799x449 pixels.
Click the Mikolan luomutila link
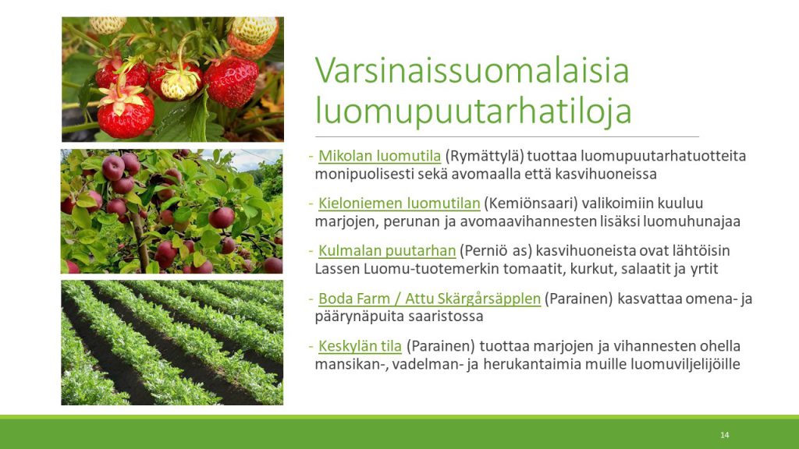(x=380, y=155)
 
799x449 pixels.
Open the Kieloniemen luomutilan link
(x=399, y=203)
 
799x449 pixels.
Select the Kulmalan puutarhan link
(x=387, y=250)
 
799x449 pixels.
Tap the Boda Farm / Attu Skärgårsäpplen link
(x=430, y=299)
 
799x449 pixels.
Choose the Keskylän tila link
(x=360, y=346)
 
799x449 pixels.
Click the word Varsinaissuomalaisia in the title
(x=472, y=70)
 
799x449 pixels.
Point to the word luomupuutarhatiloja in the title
(x=474, y=111)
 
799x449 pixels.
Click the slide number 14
(x=725, y=435)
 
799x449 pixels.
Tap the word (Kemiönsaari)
(x=531, y=203)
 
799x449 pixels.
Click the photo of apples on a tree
(x=172, y=211)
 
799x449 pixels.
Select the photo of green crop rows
(x=172, y=343)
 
